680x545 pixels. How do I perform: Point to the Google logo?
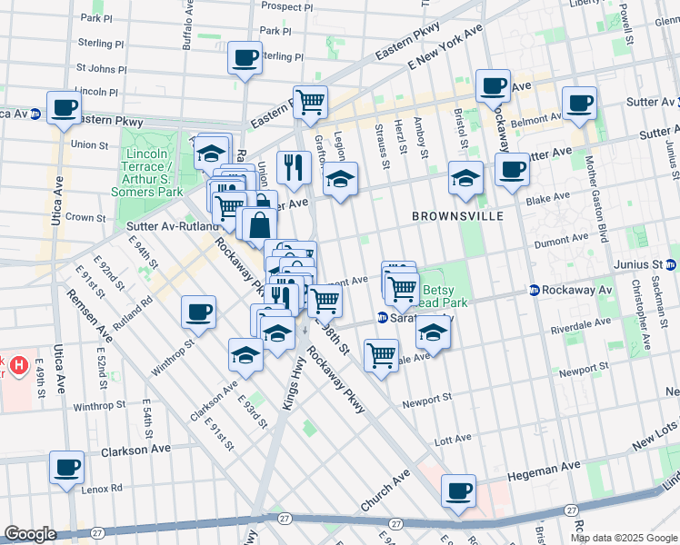click(x=30, y=534)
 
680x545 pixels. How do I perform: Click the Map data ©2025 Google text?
click(x=623, y=538)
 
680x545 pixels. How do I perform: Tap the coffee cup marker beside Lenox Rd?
click(x=66, y=467)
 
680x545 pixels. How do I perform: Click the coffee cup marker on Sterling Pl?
click(x=245, y=57)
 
